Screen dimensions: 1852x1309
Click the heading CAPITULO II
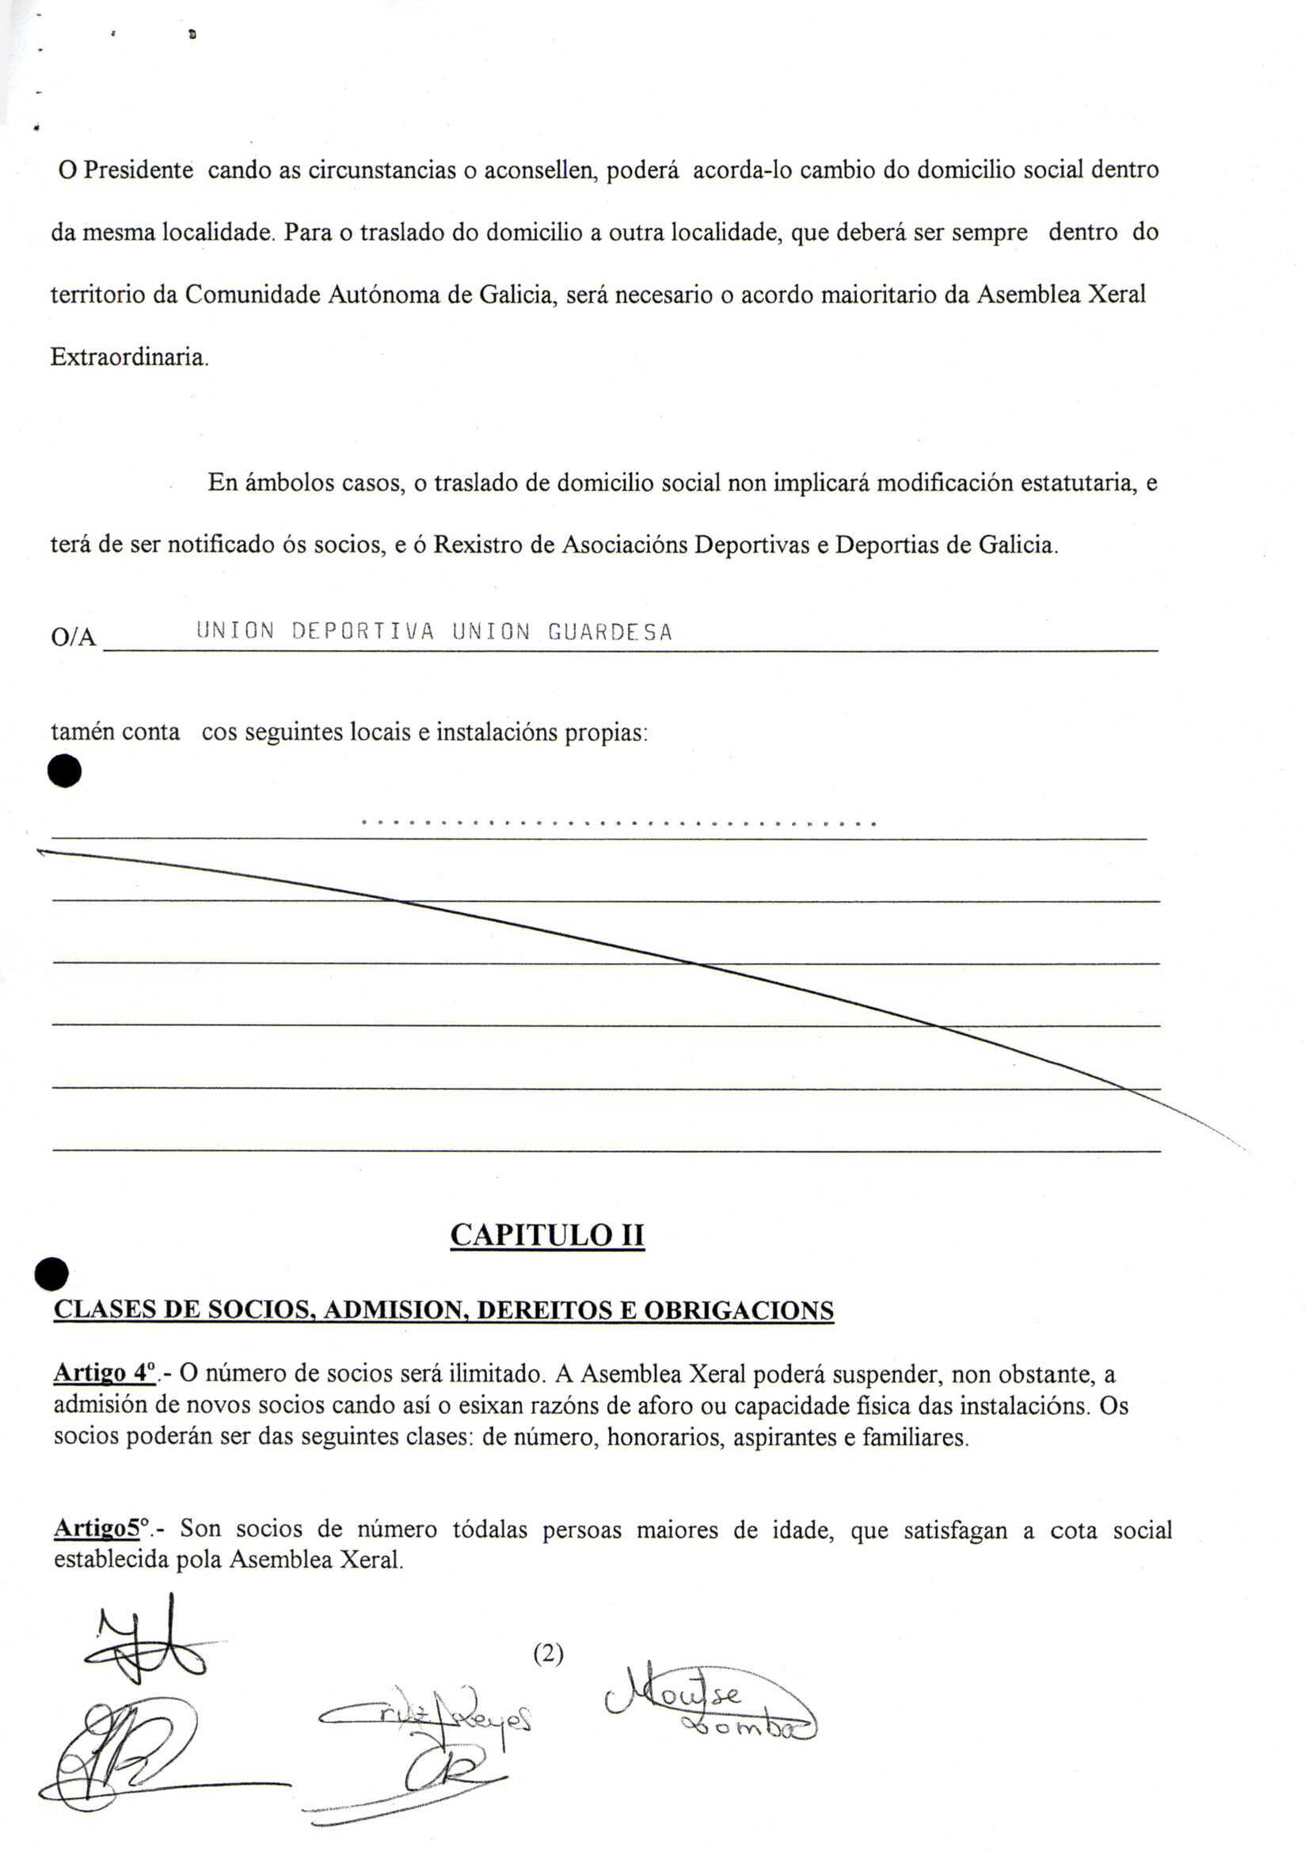click(547, 1235)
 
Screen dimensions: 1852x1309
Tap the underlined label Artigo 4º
click(104, 1373)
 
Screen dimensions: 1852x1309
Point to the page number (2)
click(549, 1654)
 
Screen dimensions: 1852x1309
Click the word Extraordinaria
click(129, 356)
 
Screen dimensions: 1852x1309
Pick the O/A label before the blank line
click(73, 638)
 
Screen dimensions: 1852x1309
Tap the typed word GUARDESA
click(610, 632)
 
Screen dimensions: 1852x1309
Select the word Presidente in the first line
click(138, 170)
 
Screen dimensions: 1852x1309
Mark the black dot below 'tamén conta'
click(64, 770)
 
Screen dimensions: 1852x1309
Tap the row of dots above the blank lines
click(618, 823)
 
